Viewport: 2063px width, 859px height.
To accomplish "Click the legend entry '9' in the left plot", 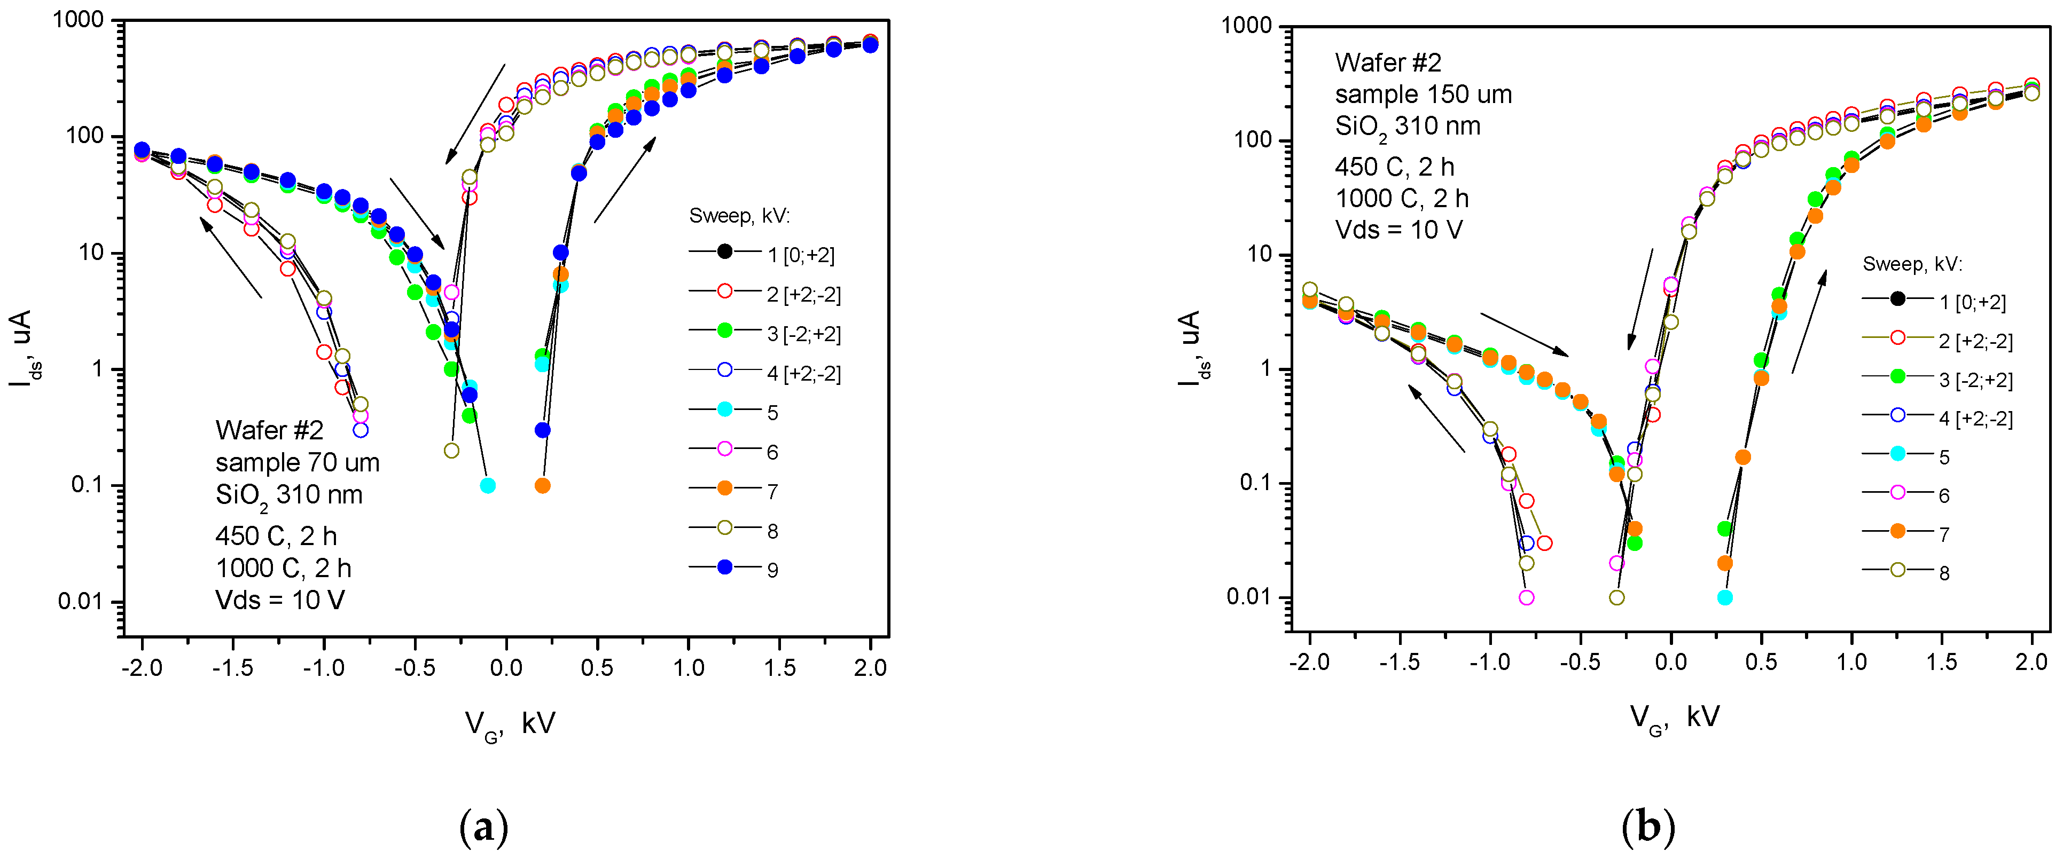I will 771,570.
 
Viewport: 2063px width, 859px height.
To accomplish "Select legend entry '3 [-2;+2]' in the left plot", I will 802,334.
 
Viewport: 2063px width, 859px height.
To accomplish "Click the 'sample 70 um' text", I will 297,463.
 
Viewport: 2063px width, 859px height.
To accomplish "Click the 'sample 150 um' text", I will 1423,94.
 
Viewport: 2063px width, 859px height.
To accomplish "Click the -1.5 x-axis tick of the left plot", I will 233,668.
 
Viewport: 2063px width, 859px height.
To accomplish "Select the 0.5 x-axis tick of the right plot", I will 1761,662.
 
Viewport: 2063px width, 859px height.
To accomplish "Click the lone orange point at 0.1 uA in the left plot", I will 542,486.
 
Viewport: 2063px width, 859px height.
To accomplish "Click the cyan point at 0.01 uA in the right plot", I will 1725,598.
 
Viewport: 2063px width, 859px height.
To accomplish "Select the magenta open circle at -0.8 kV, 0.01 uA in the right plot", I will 1527,598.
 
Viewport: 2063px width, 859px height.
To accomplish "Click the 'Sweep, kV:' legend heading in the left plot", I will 739,216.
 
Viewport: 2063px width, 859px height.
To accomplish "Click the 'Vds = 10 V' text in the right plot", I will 1398,231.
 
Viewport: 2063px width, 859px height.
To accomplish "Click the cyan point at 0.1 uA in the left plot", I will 488,486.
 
